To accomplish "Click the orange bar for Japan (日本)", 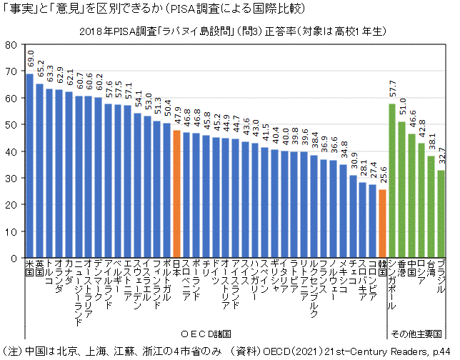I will coord(176,193).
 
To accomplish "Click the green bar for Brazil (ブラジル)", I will coord(441,214).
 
